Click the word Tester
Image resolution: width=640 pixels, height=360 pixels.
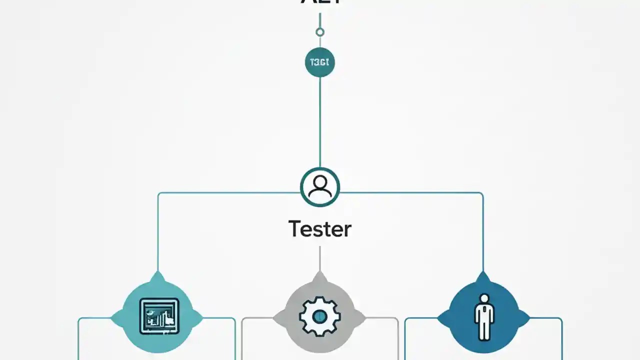click(x=320, y=229)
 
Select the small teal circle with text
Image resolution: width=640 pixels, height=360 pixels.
click(x=320, y=62)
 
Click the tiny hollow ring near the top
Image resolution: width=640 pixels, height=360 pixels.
click(x=320, y=32)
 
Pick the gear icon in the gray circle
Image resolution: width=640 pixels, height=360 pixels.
click(x=320, y=316)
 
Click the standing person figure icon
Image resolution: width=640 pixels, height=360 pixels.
click(x=483, y=316)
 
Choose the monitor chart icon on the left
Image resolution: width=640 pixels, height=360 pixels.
click(x=158, y=316)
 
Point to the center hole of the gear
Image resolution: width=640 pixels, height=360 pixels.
click(x=320, y=316)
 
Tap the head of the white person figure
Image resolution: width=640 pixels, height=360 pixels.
click(x=483, y=299)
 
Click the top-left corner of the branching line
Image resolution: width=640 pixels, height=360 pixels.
click(x=159, y=193)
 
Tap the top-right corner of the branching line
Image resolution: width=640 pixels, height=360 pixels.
click(x=482, y=193)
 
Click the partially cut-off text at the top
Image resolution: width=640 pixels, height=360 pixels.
click(x=320, y=2)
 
